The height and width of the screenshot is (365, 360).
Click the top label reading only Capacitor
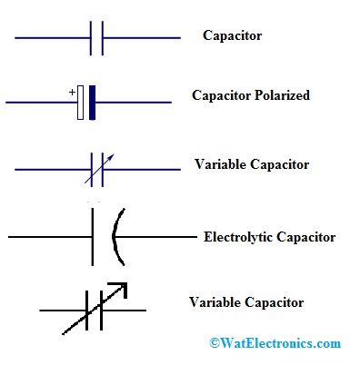[234, 37]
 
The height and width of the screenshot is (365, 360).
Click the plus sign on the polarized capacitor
[71, 92]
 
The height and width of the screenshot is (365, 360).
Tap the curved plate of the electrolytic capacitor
[115, 238]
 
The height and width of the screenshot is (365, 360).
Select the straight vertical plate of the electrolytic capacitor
[93, 238]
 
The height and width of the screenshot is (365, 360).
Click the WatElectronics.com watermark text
[281, 344]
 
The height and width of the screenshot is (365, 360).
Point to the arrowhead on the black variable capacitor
[122, 289]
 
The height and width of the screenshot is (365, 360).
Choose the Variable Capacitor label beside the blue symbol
[252, 165]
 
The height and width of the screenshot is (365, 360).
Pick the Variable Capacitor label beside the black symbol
[245, 302]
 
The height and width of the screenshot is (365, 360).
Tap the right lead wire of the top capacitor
[141, 39]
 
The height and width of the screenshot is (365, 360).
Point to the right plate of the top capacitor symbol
[102, 39]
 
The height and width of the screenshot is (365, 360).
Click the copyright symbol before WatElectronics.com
[215, 344]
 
